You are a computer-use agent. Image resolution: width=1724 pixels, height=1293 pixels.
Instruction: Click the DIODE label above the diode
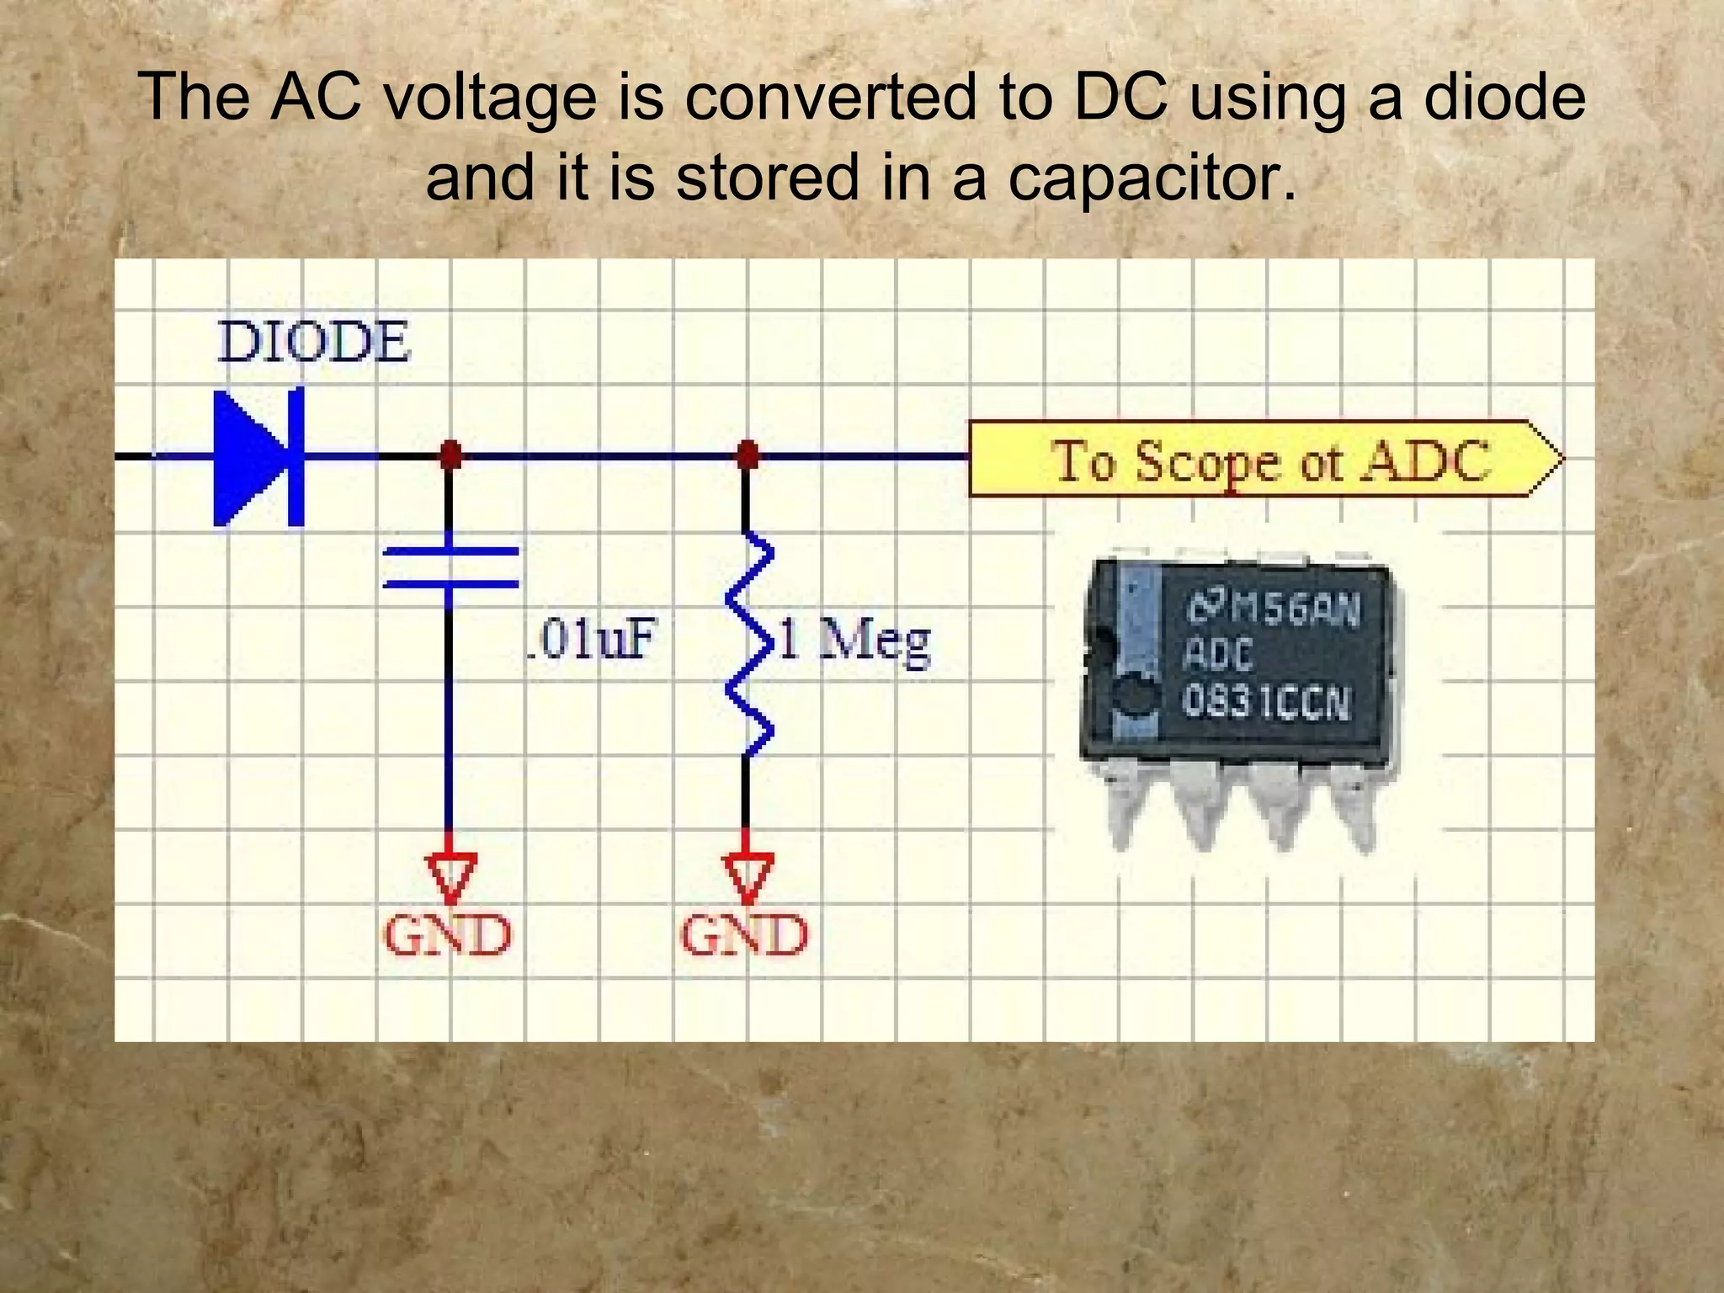pyautogui.click(x=313, y=343)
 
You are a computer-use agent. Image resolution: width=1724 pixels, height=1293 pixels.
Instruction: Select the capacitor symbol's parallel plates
pyautogui.click(x=450, y=567)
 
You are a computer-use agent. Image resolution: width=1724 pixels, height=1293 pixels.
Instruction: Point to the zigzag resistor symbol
pyautogui.click(x=748, y=644)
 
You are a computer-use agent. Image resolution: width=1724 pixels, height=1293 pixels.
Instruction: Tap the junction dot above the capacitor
pyautogui.click(x=450, y=455)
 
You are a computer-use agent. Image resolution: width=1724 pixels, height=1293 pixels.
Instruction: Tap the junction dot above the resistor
pyautogui.click(x=747, y=455)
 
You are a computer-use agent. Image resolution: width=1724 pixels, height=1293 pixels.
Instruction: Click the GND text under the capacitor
pyautogui.click(x=448, y=935)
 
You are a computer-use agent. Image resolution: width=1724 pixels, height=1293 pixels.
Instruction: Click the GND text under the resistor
pyautogui.click(x=744, y=935)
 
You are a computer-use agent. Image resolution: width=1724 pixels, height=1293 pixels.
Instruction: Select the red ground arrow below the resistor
pyautogui.click(x=747, y=875)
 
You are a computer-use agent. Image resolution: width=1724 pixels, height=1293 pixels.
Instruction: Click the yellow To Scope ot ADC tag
pyautogui.click(x=1263, y=460)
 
